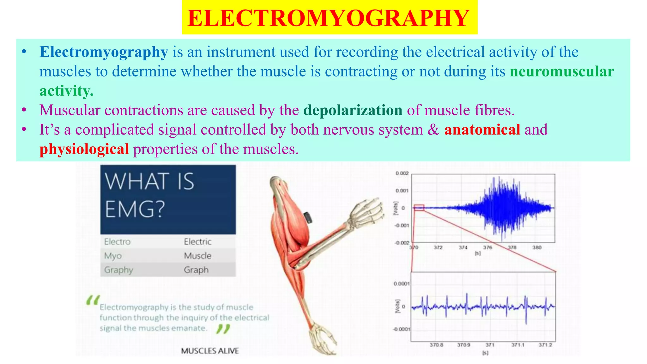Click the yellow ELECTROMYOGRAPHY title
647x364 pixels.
pos(329,18)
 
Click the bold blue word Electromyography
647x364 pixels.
pos(104,52)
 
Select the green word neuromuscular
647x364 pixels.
pos(562,71)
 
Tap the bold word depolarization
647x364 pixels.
pos(353,110)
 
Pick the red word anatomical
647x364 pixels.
pos(482,130)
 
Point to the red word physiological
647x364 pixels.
pos(84,149)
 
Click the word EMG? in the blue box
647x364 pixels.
pos(135,209)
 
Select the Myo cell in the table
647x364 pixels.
pos(113,256)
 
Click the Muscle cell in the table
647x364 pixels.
pos(198,256)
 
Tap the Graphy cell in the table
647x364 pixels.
pos(118,270)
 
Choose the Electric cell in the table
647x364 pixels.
pos(198,242)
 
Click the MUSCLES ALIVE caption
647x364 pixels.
pos(210,351)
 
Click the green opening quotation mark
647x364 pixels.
pos(93,300)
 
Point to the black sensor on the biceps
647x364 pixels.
pos(308,218)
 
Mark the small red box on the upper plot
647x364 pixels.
pos(419,208)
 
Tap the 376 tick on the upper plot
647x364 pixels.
pos(487,247)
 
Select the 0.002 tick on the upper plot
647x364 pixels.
pos(402,173)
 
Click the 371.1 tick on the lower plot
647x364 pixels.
pos(518,345)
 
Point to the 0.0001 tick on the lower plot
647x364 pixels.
pos(401,284)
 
